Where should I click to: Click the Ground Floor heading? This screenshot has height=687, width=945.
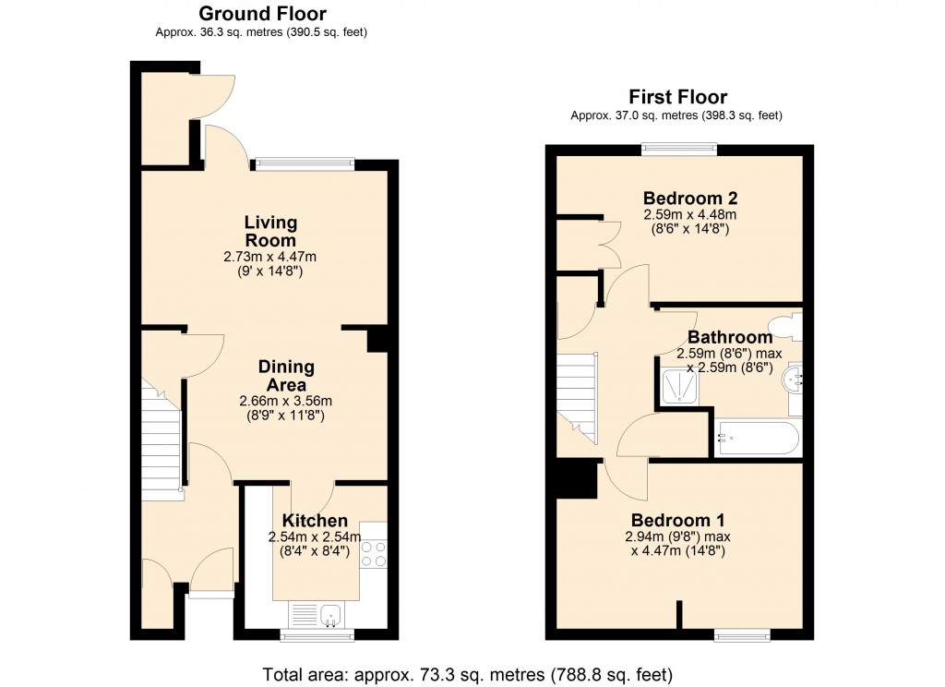pos(262,13)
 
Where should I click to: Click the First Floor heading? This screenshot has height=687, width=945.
pos(677,97)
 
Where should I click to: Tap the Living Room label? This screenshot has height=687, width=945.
pos(270,231)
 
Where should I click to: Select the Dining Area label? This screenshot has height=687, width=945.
pos(285,376)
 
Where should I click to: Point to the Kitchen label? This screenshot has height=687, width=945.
pos(315,521)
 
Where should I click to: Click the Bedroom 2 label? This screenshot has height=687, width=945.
pos(689,198)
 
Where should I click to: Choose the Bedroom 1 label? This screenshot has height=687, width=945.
pos(676,519)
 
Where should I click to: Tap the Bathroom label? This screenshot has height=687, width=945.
pos(729,337)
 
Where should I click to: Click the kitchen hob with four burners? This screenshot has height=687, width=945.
pos(373,553)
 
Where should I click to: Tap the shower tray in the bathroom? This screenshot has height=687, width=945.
pos(682,384)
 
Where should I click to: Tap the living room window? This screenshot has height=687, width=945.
pos(305,164)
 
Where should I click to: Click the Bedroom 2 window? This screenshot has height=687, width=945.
pos(680,146)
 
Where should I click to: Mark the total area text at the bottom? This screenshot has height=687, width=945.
pos(467,672)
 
